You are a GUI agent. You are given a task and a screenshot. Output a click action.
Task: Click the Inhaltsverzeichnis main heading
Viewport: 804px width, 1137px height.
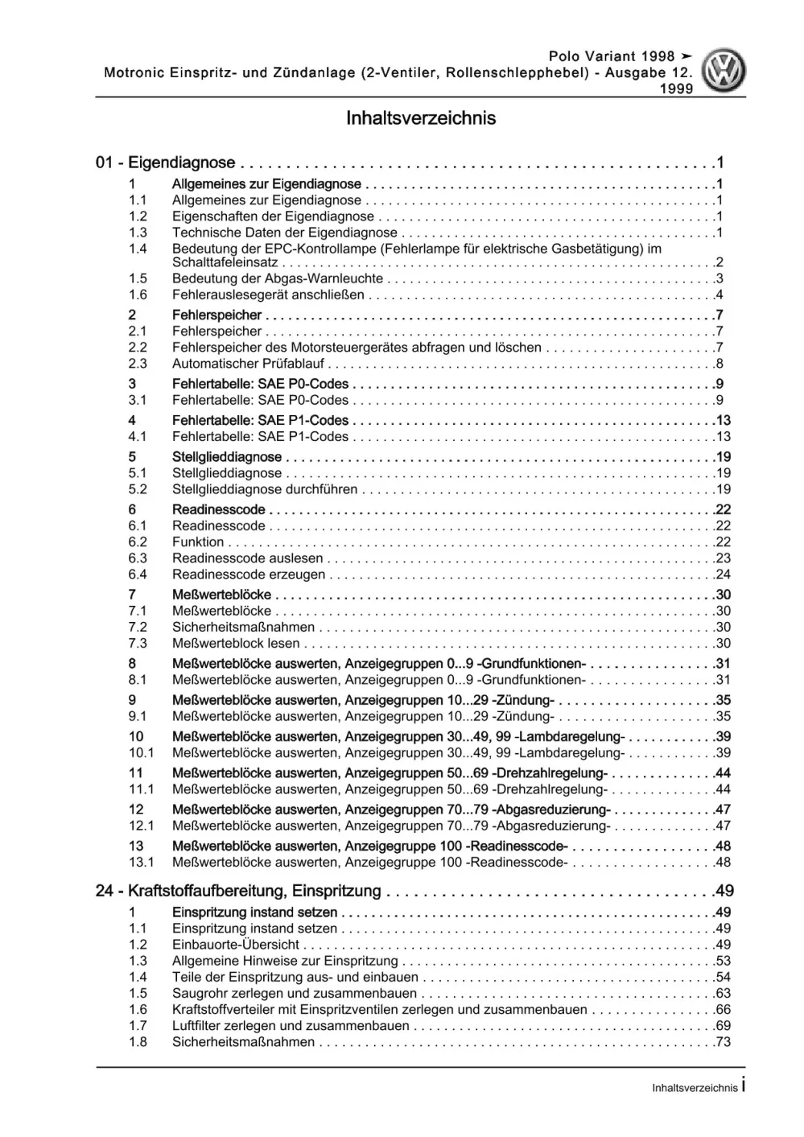tap(421, 118)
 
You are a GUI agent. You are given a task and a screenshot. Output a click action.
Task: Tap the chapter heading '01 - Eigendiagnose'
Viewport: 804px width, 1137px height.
tap(165, 163)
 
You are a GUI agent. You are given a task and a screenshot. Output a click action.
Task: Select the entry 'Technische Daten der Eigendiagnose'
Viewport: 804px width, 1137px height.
tap(284, 233)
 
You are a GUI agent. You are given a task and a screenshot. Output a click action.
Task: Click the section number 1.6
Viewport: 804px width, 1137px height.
tap(138, 295)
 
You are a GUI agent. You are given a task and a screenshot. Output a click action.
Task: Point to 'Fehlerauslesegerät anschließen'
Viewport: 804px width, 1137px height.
tap(268, 295)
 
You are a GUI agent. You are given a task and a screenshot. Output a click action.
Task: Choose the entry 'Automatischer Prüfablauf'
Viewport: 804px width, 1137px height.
tap(248, 364)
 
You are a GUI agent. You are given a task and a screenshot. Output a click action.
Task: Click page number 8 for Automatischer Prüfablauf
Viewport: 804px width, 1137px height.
tap(719, 364)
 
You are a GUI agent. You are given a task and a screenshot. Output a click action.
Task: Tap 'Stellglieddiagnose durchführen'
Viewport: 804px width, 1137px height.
tap(265, 489)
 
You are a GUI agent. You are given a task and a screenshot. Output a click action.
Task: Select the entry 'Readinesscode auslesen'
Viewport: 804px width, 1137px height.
tap(247, 558)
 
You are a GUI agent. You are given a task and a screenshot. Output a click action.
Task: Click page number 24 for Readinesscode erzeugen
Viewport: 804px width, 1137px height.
tap(722, 575)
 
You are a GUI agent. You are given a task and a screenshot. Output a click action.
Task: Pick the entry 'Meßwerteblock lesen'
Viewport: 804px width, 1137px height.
tap(236, 644)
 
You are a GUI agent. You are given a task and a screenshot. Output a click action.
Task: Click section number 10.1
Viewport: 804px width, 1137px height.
tap(141, 753)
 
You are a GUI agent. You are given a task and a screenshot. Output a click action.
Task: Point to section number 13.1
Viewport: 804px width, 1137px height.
tap(141, 863)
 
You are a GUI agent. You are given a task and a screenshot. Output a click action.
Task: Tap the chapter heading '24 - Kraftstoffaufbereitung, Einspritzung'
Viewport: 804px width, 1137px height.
tap(238, 892)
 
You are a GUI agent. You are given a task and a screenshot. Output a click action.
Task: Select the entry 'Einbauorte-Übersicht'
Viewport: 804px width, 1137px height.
tap(236, 945)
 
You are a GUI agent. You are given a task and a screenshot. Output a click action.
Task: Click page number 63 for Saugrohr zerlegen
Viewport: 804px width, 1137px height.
tap(722, 994)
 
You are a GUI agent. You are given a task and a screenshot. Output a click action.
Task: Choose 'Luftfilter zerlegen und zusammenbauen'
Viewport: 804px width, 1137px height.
tap(291, 1026)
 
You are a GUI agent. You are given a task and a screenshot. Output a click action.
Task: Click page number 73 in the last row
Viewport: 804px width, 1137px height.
tap(722, 1042)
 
